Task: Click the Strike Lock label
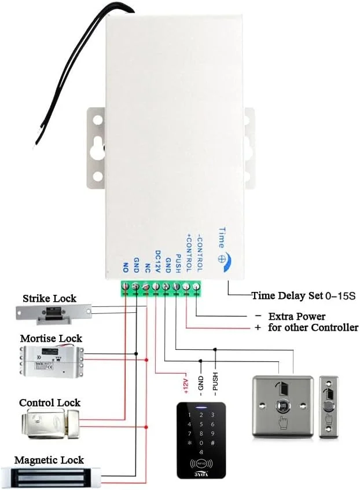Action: [x=49, y=298]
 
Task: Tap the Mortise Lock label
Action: [x=51, y=338]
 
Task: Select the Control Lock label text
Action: [x=50, y=403]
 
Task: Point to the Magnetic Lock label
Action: [x=49, y=460]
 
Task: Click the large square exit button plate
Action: [x=282, y=406]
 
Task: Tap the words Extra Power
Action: [x=296, y=317]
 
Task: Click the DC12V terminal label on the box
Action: [x=157, y=261]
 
